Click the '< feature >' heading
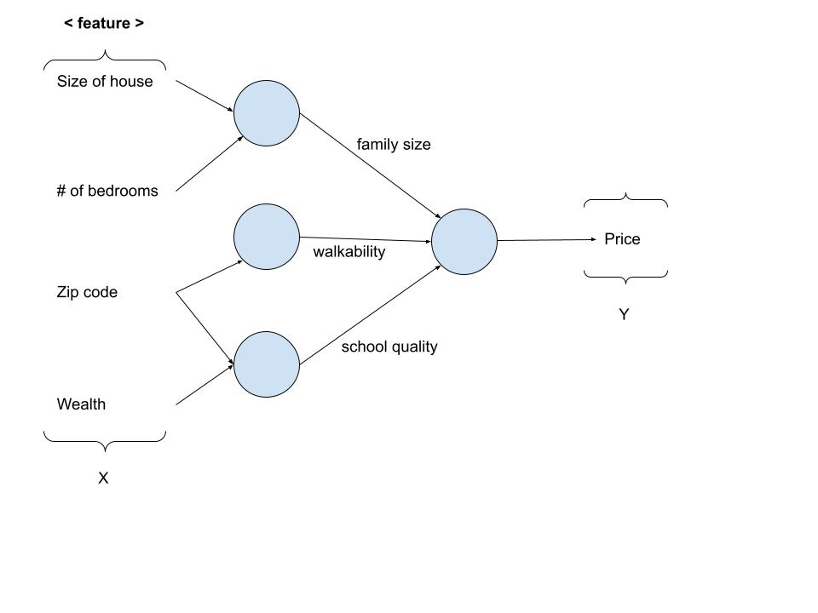(x=104, y=24)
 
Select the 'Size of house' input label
(x=105, y=82)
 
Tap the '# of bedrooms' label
(x=107, y=191)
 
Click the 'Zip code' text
(x=87, y=292)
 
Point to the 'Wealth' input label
(x=81, y=404)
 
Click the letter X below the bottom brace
(x=103, y=478)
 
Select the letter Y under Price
(x=624, y=315)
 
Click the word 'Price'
(x=622, y=239)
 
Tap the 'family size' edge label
(x=394, y=145)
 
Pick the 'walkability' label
(x=349, y=252)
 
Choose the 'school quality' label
(x=389, y=347)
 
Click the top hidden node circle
(x=267, y=113)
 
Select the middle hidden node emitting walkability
(x=267, y=237)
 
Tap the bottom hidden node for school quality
(x=267, y=364)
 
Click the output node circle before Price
(x=464, y=242)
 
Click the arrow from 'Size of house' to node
(x=204, y=96)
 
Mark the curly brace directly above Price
(x=625, y=201)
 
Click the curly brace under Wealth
(x=105, y=439)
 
